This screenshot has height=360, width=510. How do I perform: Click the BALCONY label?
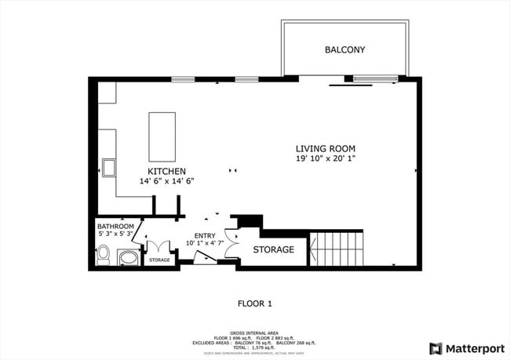[344, 50]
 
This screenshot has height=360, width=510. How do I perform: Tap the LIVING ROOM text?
[325, 148]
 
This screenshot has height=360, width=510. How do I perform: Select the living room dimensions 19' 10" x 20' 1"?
[325, 158]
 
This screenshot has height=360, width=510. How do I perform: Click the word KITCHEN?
[166, 171]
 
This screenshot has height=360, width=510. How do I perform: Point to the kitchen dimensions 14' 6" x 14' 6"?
[166, 181]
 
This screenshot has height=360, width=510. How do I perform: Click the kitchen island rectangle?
[162, 136]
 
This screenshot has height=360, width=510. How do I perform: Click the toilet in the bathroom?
[103, 255]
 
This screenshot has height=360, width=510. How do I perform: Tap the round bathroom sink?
[126, 256]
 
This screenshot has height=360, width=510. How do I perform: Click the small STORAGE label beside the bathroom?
[159, 260]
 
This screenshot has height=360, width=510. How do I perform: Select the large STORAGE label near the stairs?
[273, 250]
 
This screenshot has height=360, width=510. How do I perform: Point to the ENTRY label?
[204, 235]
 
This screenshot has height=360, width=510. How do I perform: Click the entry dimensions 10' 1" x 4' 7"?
[204, 243]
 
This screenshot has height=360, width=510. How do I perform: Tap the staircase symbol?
[337, 249]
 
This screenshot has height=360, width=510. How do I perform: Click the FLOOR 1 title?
[254, 303]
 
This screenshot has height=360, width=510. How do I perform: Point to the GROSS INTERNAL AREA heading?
[254, 333]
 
